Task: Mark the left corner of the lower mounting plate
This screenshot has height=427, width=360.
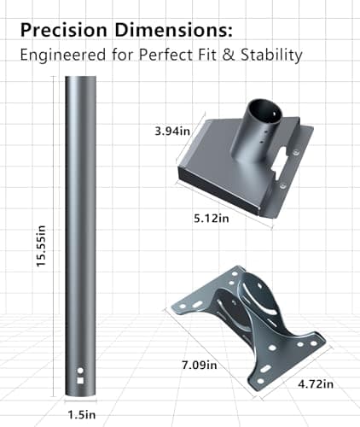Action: click(x=173, y=305)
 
